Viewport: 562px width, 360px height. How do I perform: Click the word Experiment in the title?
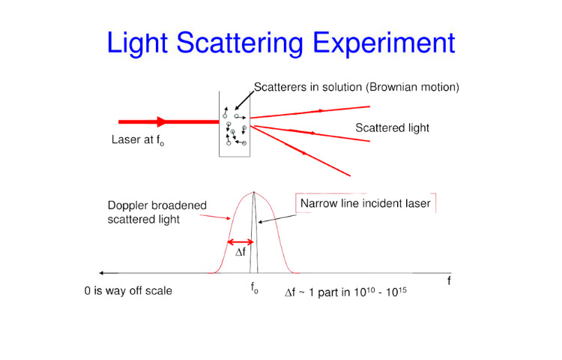coord(384,43)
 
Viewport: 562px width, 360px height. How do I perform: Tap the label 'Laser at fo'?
coord(138,139)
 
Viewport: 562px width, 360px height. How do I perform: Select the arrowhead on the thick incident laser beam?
coord(162,122)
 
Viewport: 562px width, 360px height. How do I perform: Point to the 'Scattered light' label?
coord(392,128)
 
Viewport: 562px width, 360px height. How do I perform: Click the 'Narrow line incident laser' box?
coord(366,203)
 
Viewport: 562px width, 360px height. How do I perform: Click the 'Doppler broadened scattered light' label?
coord(157,212)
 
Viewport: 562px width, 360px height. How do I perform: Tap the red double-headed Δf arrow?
coord(241,242)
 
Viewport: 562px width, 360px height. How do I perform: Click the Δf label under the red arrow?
coord(241,252)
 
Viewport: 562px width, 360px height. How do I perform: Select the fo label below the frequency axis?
coord(254,288)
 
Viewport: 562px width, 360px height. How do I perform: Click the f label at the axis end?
coord(449,280)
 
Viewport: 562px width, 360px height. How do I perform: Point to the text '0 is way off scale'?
coord(128,291)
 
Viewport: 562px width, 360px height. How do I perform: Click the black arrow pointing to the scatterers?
coord(244,100)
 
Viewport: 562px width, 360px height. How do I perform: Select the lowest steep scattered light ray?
coord(300,151)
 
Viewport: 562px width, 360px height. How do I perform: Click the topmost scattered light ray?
coord(309,112)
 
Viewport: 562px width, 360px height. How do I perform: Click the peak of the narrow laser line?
coord(254,192)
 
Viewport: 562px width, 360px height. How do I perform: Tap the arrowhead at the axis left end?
coord(101,273)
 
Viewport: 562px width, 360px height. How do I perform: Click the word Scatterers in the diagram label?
coord(278,87)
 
